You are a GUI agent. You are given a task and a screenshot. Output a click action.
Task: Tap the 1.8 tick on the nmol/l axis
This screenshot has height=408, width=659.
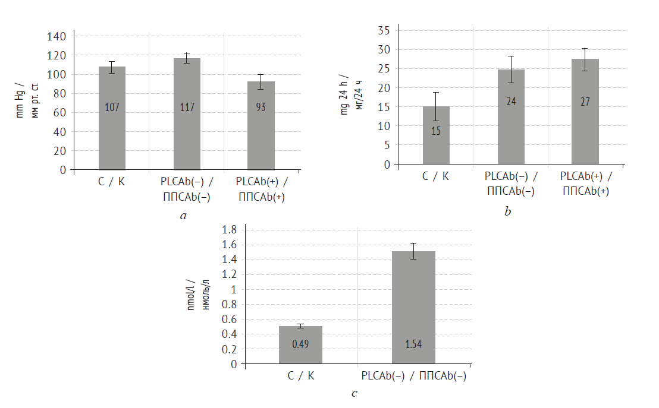pos(229,230)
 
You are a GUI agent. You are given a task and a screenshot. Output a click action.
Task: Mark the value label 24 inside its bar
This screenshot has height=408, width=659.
pos(511,101)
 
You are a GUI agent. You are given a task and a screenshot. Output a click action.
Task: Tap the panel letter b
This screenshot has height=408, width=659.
pos(507,211)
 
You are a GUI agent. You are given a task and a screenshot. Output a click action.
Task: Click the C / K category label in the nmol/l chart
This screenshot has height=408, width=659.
pos(301,375)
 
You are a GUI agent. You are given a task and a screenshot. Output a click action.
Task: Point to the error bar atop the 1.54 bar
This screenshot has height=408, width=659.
pos(413,251)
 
